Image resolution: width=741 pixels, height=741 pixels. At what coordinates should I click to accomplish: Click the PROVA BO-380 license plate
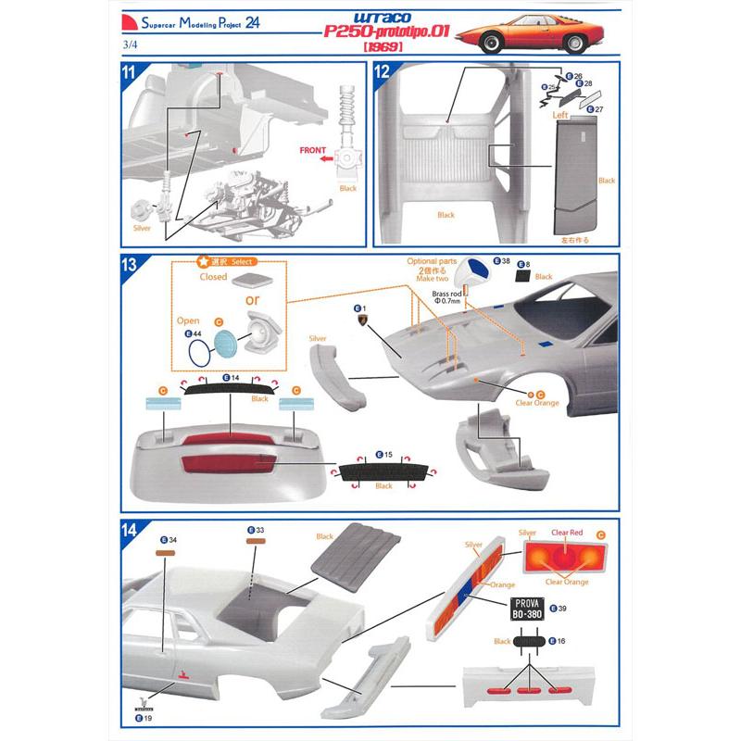pos(525,608)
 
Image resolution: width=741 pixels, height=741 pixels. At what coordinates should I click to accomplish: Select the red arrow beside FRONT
pos(327,159)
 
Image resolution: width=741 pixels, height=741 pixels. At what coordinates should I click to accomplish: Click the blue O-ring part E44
pos(196,353)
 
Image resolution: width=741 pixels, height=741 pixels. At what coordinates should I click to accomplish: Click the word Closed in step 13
pos(213,277)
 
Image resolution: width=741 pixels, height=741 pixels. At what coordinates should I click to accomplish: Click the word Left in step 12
pos(560,116)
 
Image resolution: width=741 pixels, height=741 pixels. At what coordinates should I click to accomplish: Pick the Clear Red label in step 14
pos(567,533)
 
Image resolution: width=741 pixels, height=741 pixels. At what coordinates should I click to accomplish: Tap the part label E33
pos(256,531)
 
